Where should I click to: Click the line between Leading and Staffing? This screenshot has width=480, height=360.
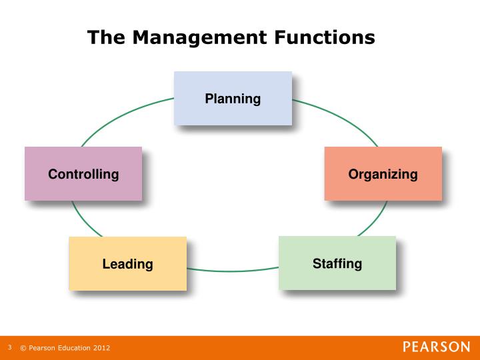(233, 271)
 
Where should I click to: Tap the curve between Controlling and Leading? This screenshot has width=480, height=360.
(83, 219)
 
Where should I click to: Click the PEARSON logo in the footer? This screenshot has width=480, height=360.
(436, 347)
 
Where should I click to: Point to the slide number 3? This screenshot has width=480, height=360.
(10, 347)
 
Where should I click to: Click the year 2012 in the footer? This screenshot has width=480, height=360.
(101, 348)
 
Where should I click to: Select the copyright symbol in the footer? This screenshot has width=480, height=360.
(23, 348)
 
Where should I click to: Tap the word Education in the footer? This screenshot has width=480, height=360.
(73, 348)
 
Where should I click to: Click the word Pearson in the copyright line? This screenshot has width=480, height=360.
(41, 348)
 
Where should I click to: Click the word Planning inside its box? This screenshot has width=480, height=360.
(233, 99)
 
